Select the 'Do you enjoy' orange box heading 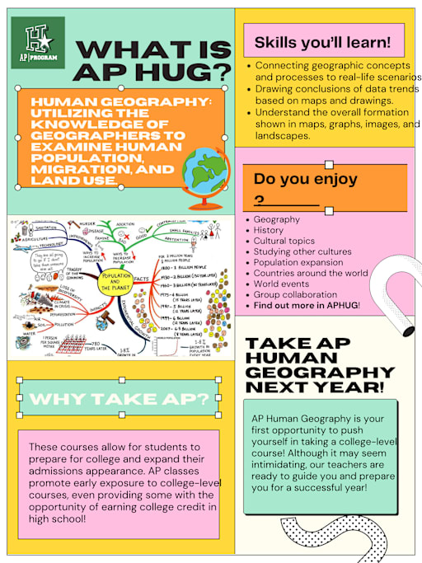[305, 178]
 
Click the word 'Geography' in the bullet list [276, 220]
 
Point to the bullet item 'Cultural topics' [284, 242]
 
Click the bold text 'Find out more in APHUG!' [307, 305]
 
